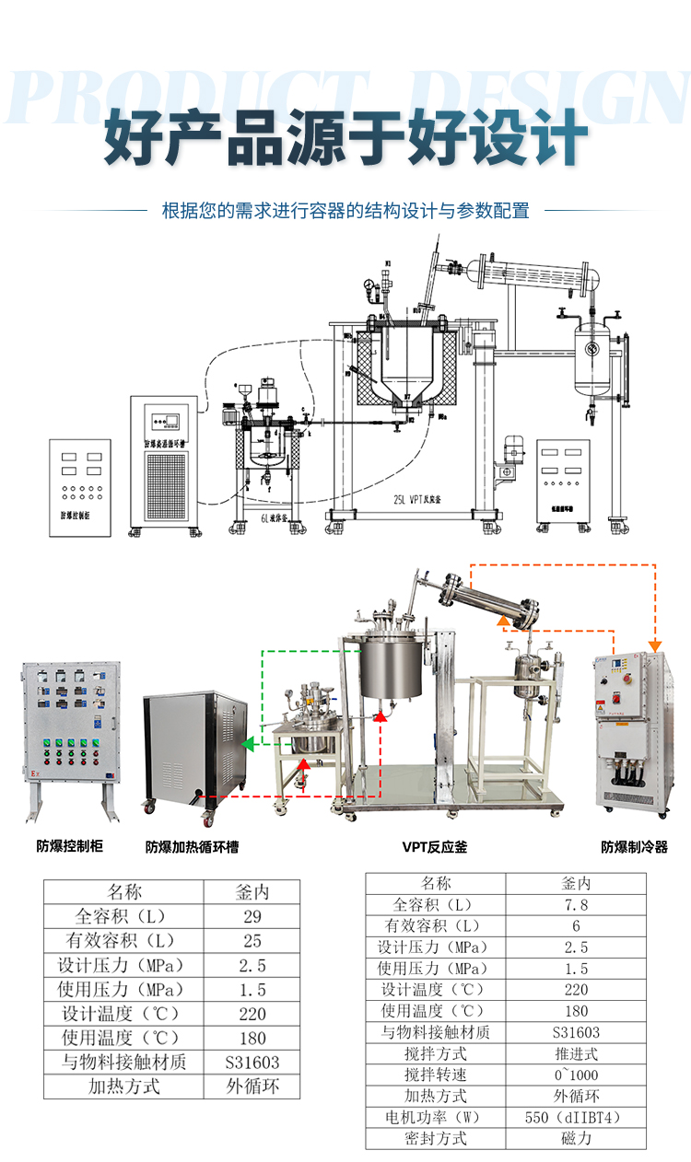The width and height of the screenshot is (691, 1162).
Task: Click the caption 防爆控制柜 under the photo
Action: [x=69, y=845]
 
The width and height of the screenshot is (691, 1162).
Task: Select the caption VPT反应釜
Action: [x=434, y=846]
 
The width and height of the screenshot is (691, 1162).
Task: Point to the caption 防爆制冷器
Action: [x=634, y=846]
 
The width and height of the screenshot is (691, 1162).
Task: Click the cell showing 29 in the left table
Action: [x=252, y=916]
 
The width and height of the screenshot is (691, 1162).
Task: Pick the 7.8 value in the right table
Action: [x=576, y=904]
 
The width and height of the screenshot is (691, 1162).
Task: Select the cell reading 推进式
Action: [x=576, y=1053]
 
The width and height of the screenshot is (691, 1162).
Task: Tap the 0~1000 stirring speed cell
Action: [x=576, y=1075]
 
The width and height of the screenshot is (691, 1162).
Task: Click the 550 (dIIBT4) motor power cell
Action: [x=576, y=1117]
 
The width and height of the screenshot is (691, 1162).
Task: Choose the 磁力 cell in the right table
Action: [x=576, y=1138]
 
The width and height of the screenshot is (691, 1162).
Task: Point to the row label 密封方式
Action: [x=436, y=1138]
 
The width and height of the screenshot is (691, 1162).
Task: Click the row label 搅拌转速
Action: [x=436, y=1075]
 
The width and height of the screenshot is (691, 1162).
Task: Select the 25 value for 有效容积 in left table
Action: [x=252, y=941]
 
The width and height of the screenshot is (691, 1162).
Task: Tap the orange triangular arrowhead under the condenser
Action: [x=504, y=622]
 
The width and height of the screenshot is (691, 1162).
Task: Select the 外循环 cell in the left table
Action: [x=252, y=1086]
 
